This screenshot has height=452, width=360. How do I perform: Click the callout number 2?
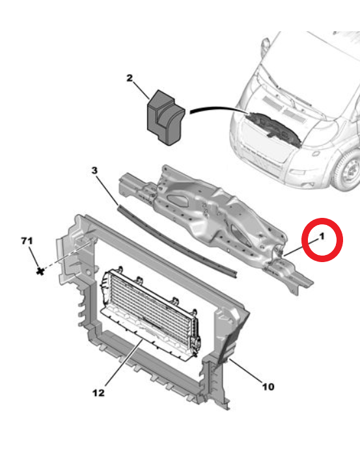point(129,79)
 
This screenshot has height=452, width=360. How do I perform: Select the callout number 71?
point(26,242)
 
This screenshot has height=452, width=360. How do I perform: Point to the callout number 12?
point(98,393)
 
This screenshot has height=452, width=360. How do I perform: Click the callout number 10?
point(268,387)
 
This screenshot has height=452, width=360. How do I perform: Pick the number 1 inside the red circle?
point(320,239)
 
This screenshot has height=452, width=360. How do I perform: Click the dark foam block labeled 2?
point(163,116)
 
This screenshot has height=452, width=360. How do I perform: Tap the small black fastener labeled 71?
point(40,269)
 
